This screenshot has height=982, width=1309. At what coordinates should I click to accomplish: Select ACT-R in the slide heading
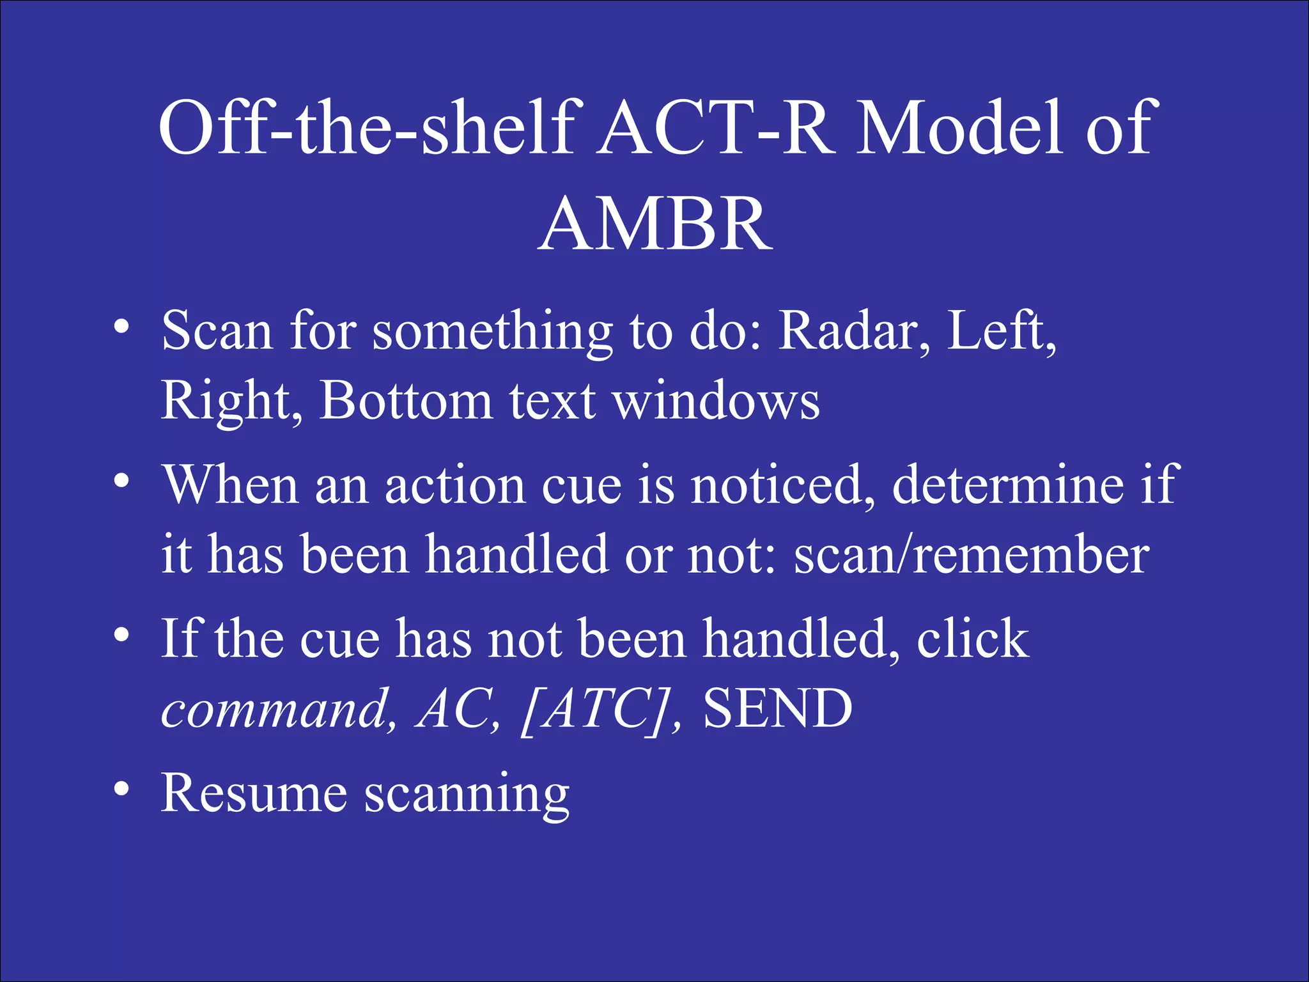click(716, 128)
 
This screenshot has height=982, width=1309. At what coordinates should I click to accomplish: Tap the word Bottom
click(406, 401)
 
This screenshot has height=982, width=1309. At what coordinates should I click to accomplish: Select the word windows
click(716, 401)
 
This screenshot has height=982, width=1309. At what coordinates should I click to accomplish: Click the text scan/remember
click(972, 555)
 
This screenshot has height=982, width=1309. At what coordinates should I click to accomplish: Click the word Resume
click(254, 793)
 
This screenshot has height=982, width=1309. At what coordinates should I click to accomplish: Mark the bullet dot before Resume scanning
click(121, 790)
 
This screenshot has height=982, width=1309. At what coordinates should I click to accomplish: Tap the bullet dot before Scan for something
click(121, 327)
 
